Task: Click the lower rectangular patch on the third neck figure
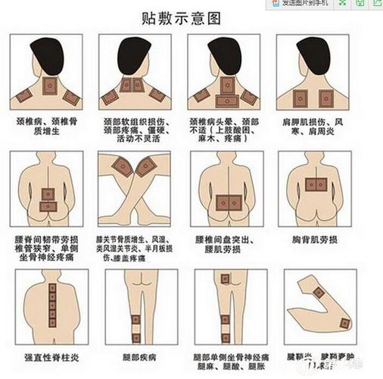[x=226, y=100]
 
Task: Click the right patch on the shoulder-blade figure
[x=328, y=96]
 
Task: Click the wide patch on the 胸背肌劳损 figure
[x=316, y=182]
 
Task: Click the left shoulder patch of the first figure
[x=25, y=97]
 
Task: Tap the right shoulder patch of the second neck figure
[x=157, y=94]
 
